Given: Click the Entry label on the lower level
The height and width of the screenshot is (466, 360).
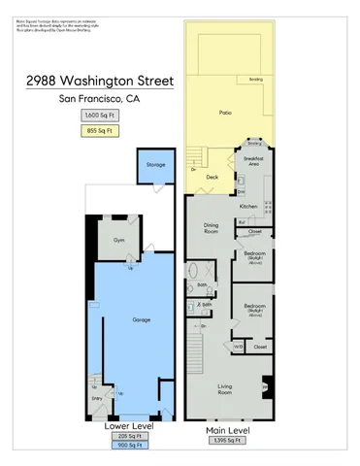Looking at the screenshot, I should click(96, 397).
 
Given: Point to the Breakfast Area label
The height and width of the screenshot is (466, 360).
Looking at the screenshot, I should click(258, 160).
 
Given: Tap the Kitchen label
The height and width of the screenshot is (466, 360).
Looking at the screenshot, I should click(248, 207).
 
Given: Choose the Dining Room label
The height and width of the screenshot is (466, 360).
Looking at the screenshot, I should click(210, 230).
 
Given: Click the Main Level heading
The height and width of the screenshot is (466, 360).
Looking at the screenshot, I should click(228, 427).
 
